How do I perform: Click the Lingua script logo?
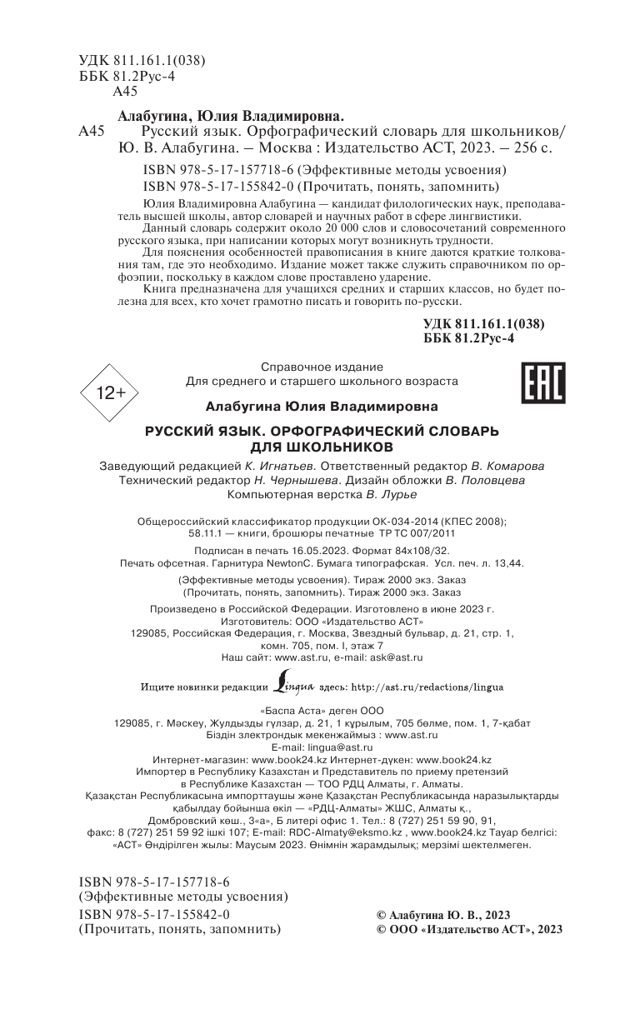[x=293, y=687]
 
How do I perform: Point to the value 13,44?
[x=505, y=563]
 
